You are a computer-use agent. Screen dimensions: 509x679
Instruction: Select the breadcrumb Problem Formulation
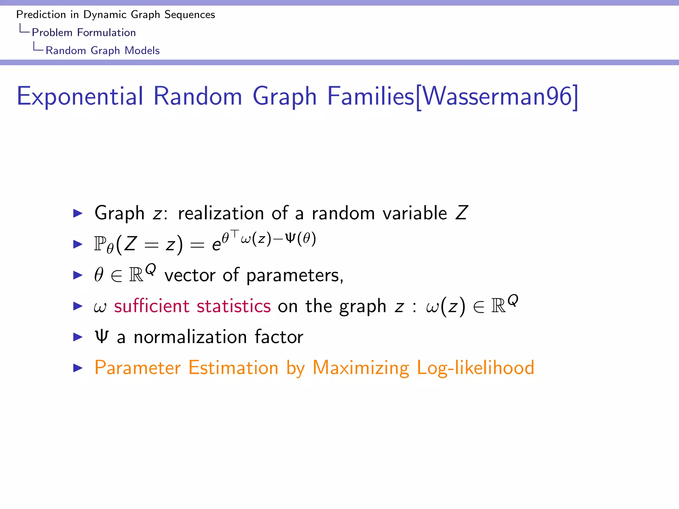[x=84, y=32]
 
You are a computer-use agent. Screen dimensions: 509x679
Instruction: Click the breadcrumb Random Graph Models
[x=102, y=50]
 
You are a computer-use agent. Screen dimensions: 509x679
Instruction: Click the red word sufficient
[x=152, y=306]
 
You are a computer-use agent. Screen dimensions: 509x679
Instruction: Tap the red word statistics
[x=233, y=306]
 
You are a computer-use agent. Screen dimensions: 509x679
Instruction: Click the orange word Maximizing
[x=361, y=368]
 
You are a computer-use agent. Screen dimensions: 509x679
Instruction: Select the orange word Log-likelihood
[x=475, y=368]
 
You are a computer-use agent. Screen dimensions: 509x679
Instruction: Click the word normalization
[x=190, y=337]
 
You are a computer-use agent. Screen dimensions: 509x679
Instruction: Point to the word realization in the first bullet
[x=221, y=213]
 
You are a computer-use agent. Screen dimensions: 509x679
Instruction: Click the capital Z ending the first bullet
[x=462, y=213]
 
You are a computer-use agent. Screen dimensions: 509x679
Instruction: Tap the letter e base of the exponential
[x=216, y=246]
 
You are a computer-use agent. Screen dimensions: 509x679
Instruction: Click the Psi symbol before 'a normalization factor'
[x=101, y=336]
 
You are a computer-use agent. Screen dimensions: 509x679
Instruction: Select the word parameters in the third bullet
[x=294, y=275]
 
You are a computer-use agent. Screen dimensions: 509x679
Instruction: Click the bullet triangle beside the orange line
[x=78, y=368]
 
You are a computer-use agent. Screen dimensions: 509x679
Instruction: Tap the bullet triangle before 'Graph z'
[x=78, y=213]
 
